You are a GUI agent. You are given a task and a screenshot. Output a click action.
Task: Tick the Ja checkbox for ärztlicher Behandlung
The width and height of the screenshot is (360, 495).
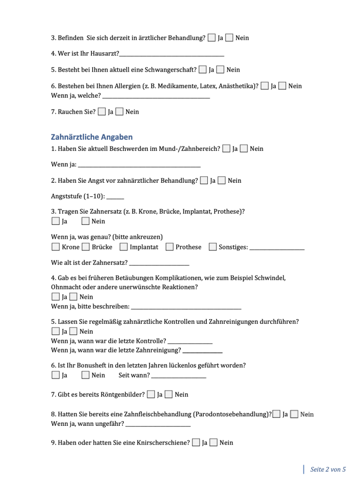tap(212, 38)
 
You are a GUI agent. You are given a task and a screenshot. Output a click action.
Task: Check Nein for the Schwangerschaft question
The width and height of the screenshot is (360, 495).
tap(220, 70)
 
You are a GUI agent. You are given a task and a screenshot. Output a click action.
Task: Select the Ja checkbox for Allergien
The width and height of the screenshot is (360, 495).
tap(264, 86)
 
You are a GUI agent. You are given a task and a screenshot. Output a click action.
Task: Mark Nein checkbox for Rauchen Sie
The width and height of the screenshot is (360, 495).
tap(119, 112)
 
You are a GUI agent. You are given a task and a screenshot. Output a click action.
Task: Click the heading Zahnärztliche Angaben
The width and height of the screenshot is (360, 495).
tap(92, 137)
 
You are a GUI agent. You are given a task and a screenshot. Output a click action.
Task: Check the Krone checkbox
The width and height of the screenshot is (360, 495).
tap(55, 247)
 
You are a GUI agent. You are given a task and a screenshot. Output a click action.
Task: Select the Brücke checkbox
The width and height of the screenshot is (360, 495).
tap(86, 247)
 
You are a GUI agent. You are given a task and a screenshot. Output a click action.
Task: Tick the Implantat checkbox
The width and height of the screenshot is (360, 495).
tap(123, 247)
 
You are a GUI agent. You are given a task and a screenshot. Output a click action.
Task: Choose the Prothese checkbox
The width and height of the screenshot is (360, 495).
tap(169, 247)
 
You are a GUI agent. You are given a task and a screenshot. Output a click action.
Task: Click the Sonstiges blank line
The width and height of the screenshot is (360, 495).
tap(277, 248)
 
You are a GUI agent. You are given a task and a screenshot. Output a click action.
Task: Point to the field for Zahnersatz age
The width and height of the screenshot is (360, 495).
tap(159, 264)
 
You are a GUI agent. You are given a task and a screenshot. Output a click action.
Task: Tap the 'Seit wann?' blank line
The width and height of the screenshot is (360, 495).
tap(178, 377)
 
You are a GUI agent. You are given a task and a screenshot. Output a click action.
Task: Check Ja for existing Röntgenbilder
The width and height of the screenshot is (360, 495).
tap(151, 394)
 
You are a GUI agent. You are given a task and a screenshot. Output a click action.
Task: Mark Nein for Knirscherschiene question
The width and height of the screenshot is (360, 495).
tap(213, 442)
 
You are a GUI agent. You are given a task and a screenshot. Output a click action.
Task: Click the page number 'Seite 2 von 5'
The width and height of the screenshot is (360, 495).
tap(328, 469)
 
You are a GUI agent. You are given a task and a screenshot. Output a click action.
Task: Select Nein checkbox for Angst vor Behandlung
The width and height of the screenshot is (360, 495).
tap(222, 181)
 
